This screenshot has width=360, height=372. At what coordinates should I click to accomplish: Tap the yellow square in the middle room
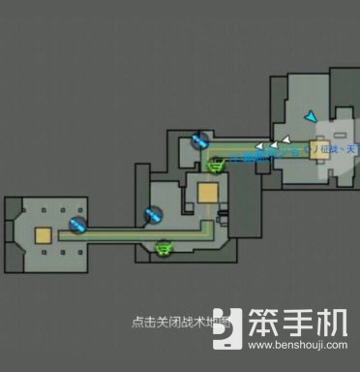pos(207,193)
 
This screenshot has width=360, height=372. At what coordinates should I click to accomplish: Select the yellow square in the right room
pos(318,150)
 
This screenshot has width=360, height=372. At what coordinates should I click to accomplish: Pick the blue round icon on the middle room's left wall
pos(152,213)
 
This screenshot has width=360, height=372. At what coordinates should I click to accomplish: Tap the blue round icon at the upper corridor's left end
pos(198,140)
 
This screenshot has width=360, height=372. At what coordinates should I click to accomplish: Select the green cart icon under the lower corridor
pos(164,248)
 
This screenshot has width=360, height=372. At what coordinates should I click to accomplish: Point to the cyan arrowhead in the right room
pos(309,116)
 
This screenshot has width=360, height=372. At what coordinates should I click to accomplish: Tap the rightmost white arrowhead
pos(287,137)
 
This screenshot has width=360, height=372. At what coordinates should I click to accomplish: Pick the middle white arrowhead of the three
pos(275,144)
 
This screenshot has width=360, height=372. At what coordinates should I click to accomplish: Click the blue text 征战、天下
pos(342,149)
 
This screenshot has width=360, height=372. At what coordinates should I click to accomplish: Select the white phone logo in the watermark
pos(228,327)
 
